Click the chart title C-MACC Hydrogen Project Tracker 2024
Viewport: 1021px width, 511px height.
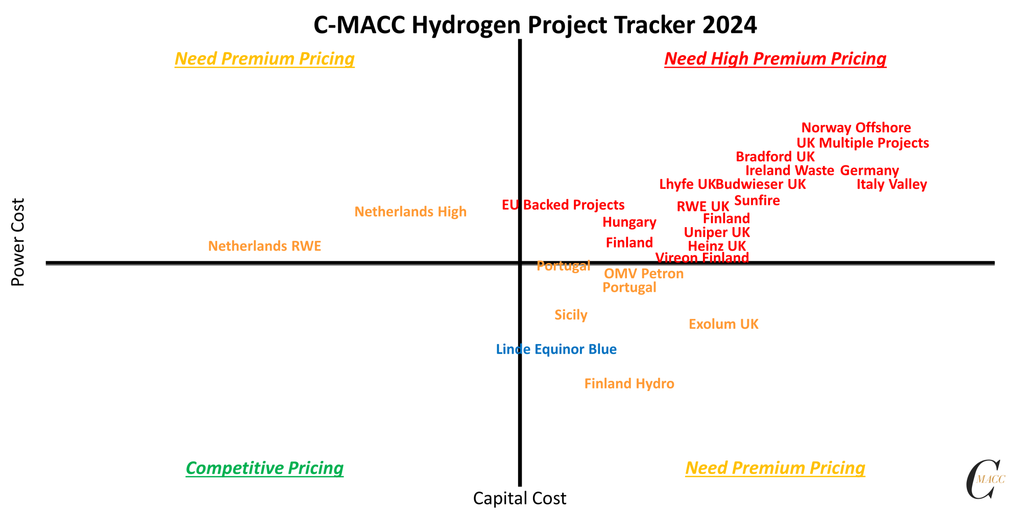click(x=535, y=25)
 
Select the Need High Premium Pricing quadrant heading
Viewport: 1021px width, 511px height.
click(x=775, y=59)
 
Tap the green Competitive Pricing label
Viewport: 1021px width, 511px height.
click(x=264, y=468)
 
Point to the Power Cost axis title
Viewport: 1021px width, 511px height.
click(x=18, y=242)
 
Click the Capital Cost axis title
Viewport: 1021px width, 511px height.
click(x=520, y=498)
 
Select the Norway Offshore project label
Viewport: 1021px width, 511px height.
click(x=856, y=128)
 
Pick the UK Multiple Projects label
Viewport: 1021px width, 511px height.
click(x=863, y=143)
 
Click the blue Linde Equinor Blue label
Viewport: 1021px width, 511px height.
click(x=556, y=349)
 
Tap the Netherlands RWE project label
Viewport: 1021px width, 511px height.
click(x=264, y=246)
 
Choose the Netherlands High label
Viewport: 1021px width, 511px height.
click(x=410, y=211)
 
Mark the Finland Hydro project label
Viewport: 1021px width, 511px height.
click(x=629, y=383)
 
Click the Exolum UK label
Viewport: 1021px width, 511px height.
click(x=723, y=324)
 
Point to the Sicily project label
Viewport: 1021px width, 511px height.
click(x=571, y=315)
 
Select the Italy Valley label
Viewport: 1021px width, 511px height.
click(x=891, y=184)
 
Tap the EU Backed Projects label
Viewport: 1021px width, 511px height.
click(x=563, y=205)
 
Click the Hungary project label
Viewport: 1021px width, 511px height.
click(x=629, y=222)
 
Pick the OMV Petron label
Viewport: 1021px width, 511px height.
click(x=643, y=274)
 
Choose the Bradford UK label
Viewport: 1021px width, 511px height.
click(x=775, y=157)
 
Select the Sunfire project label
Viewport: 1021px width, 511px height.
click(x=757, y=201)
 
